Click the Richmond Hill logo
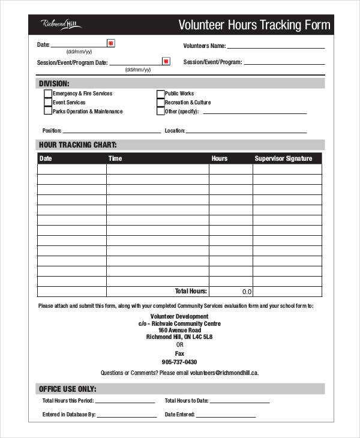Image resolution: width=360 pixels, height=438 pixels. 61,24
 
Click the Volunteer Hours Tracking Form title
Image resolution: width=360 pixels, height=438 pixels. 254,25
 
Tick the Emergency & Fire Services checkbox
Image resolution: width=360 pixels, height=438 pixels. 48,94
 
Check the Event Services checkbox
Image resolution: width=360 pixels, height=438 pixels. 48,103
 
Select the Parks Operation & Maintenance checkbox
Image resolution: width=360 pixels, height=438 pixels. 48,112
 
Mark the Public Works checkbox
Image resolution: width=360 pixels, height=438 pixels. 160,94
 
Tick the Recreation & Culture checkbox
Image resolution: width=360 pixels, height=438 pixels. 160,103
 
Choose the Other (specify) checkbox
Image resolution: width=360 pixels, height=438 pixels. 160,112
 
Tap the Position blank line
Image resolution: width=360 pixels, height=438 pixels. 112,131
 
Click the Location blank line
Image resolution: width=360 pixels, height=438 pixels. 246,131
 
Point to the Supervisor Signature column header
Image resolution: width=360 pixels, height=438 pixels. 283,159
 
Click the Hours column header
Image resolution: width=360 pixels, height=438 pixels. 220,159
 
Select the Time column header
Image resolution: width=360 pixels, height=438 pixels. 115,159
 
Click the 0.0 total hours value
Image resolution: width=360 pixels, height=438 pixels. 247,292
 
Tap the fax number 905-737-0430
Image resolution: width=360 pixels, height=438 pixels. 179,362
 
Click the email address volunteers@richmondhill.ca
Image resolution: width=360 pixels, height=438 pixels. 224,373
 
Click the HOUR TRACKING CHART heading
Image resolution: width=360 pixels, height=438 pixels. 77,145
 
